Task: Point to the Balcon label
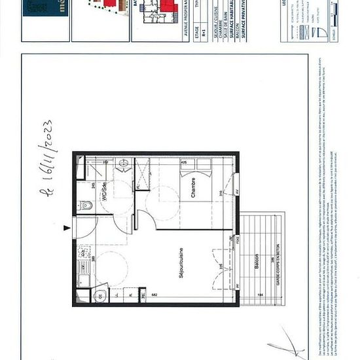[x=257, y=259]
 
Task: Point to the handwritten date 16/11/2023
[x=46, y=157]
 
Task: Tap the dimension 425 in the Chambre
[x=184, y=162]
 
